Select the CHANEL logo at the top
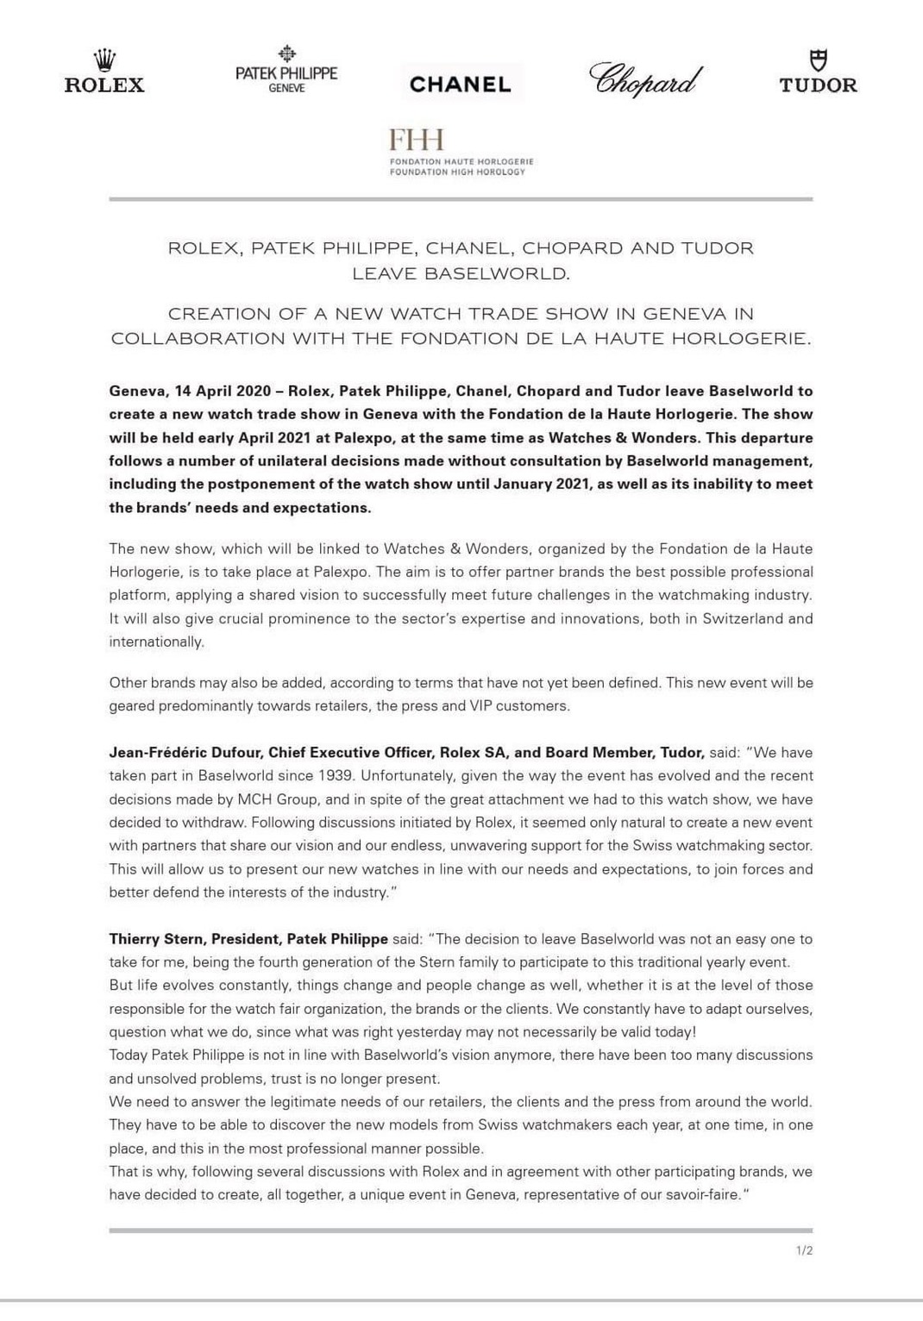pyautogui.click(x=461, y=84)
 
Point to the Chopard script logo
pyautogui.click(x=645, y=79)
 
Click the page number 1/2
pyautogui.click(x=803, y=1250)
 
